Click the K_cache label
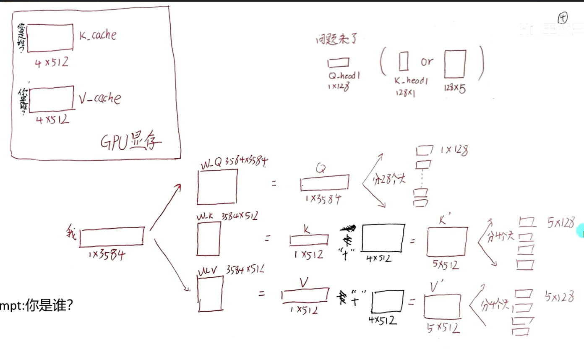(x=97, y=36)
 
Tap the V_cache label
(x=99, y=99)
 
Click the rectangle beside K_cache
(x=50, y=38)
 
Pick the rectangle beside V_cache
(x=52, y=98)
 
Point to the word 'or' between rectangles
(x=427, y=62)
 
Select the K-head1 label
(x=411, y=81)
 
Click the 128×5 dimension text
(x=455, y=89)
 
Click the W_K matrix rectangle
(x=209, y=238)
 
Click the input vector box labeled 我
(x=112, y=237)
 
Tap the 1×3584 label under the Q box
(x=322, y=199)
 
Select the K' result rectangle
(x=447, y=242)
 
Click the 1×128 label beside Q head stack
(x=454, y=151)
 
